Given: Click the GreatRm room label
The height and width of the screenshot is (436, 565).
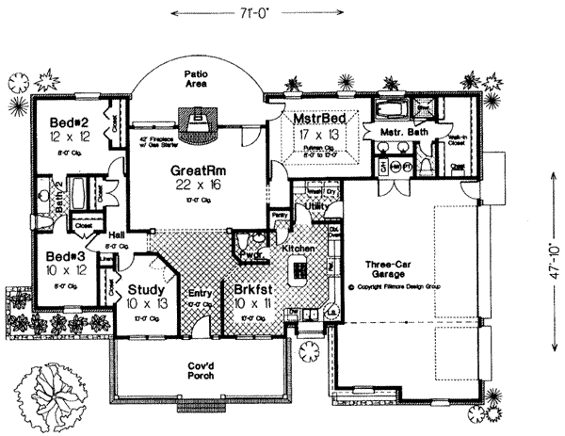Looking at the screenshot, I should point(196,170).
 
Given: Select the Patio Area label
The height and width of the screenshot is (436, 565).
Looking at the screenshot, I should point(196,77).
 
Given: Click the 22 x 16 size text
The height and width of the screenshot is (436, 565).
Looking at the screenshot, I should point(196,186).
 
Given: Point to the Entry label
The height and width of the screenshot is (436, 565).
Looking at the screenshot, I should point(200,293).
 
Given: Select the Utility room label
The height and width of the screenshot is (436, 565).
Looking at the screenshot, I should point(315,204).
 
